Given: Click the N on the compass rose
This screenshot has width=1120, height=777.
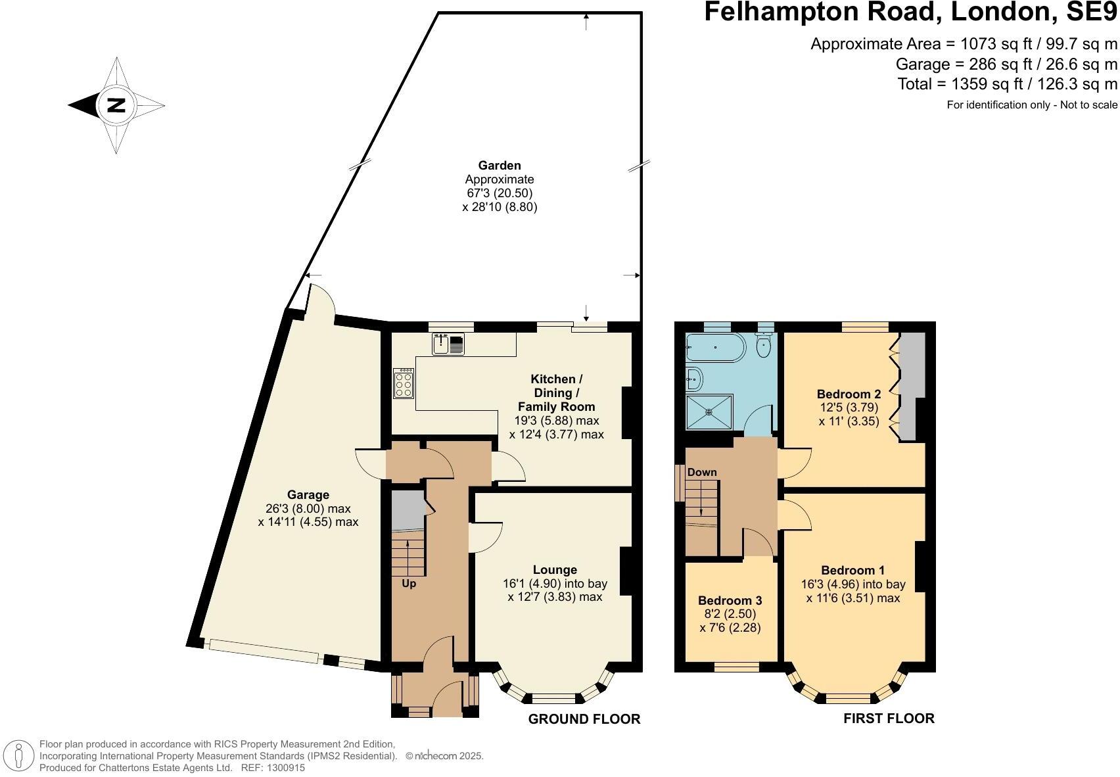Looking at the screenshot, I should click(116, 105).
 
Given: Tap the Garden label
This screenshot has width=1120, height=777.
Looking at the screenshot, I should click(500, 166).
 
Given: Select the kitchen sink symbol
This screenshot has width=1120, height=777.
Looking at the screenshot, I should click(448, 344).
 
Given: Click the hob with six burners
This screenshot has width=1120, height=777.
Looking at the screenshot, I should click(404, 383).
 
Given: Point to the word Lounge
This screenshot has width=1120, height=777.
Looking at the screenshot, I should click(555, 570).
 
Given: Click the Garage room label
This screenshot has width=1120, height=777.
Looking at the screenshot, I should click(308, 495).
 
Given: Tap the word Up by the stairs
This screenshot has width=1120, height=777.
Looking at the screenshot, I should click(409, 584).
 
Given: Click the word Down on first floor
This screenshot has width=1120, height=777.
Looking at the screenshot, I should click(702, 472).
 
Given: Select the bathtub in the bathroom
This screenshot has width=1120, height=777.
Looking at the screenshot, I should click(714, 347).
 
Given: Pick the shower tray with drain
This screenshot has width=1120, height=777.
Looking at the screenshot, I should click(709, 412).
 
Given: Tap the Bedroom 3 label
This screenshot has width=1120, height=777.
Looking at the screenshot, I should click(730, 600).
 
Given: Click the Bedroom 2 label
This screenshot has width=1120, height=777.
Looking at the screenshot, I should click(849, 394).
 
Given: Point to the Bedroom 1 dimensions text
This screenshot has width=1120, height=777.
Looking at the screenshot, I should click(853, 591).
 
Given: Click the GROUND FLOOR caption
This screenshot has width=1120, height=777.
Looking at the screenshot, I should click(584, 719).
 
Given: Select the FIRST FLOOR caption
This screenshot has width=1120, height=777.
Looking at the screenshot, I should click(889, 718).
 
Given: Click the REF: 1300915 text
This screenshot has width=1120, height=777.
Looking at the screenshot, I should click(273, 767).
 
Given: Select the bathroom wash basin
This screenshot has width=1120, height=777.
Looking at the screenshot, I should click(694, 378).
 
